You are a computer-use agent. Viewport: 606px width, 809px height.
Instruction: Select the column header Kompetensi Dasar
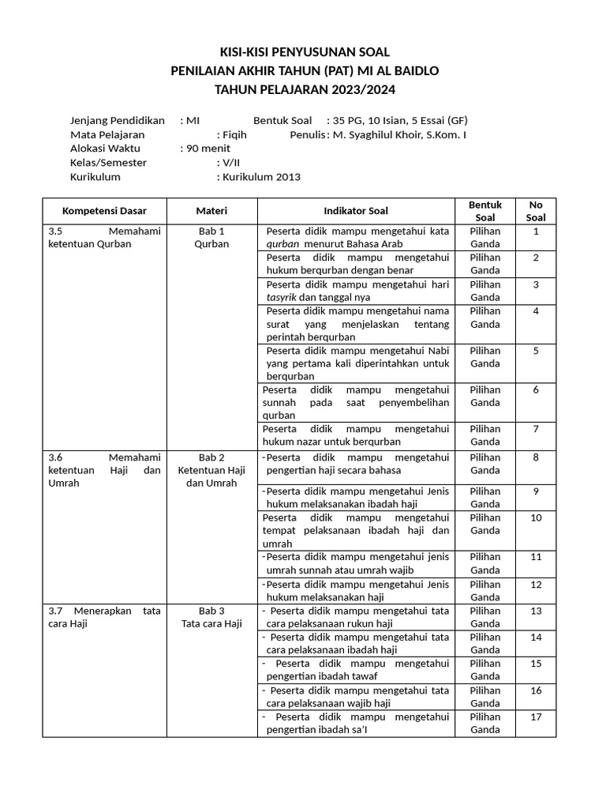pyautogui.click(x=104, y=211)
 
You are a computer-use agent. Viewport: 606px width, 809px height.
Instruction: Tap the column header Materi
pyautogui.click(x=211, y=211)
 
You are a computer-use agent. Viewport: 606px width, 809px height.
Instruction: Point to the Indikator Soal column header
pyautogui.click(x=356, y=211)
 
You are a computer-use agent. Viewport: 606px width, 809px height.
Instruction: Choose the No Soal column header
pyautogui.click(x=536, y=211)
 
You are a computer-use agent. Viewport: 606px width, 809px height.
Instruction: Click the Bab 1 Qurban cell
pyautogui.click(x=211, y=238)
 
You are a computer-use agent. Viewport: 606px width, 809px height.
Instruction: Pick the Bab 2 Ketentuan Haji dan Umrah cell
pyautogui.click(x=211, y=470)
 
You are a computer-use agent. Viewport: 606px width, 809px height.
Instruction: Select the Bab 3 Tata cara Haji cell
pyautogui.click(x=211, y=617)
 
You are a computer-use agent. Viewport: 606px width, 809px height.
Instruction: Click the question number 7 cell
pyautogui.click(x=536, y=429)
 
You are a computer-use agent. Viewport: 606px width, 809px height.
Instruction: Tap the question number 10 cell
pyautogui.click(x=536, y=517)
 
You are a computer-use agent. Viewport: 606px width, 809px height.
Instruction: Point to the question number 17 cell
pyautogui.click(x=536, y=717)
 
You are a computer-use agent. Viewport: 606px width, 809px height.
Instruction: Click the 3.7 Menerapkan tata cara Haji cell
pyautogui.click(x=104, y=617)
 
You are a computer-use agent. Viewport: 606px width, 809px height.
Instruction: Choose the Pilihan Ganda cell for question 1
pyautogui.click(x=484, y=238)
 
